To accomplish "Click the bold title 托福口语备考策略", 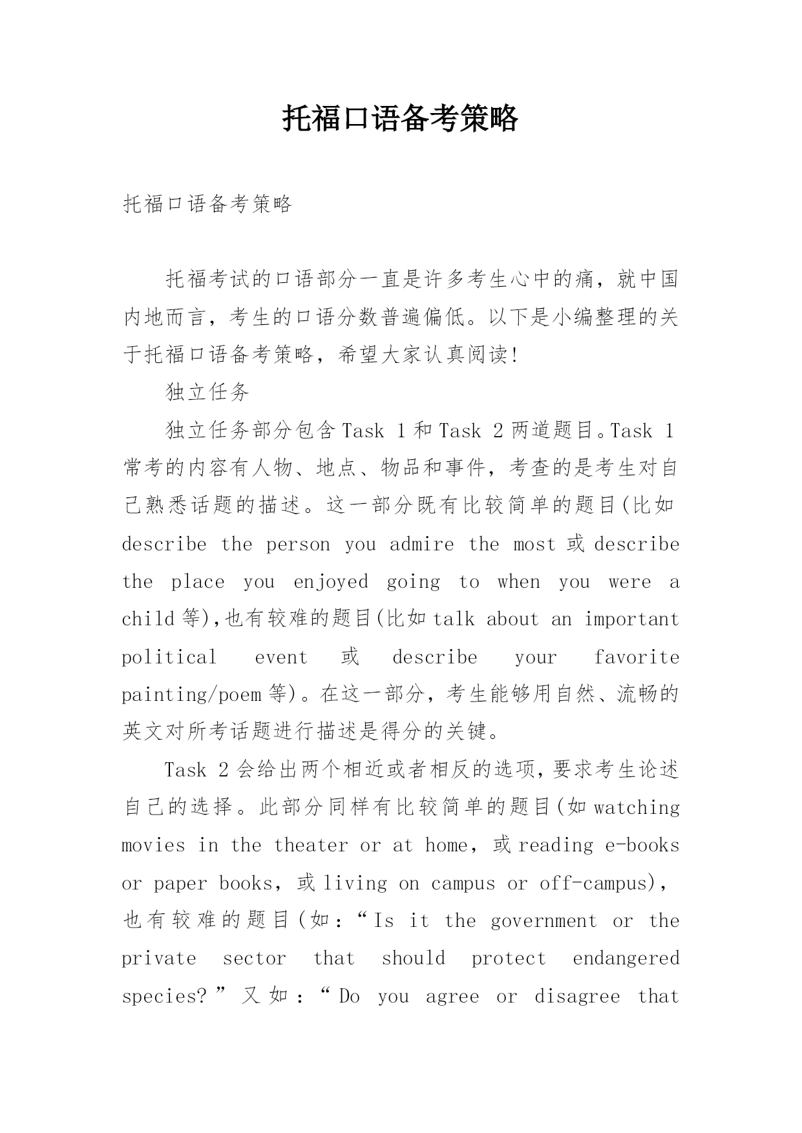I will (400, 119).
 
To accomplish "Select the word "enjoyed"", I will (331, 583).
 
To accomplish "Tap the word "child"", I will (149, 619).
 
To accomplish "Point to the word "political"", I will (169, 658).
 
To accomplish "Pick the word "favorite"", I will (637, 658).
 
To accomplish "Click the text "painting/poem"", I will (191, 695).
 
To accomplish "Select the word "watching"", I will (637, 808).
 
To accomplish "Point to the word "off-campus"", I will (593, 884).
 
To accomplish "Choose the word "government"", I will (543, 921).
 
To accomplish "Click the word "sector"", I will (254, 959).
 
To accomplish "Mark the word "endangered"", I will (626, 959).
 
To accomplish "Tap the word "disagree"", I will (576, 997).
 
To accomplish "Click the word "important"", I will (631, 619).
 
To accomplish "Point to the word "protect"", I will (509, 959).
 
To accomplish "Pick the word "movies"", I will (153, 846).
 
